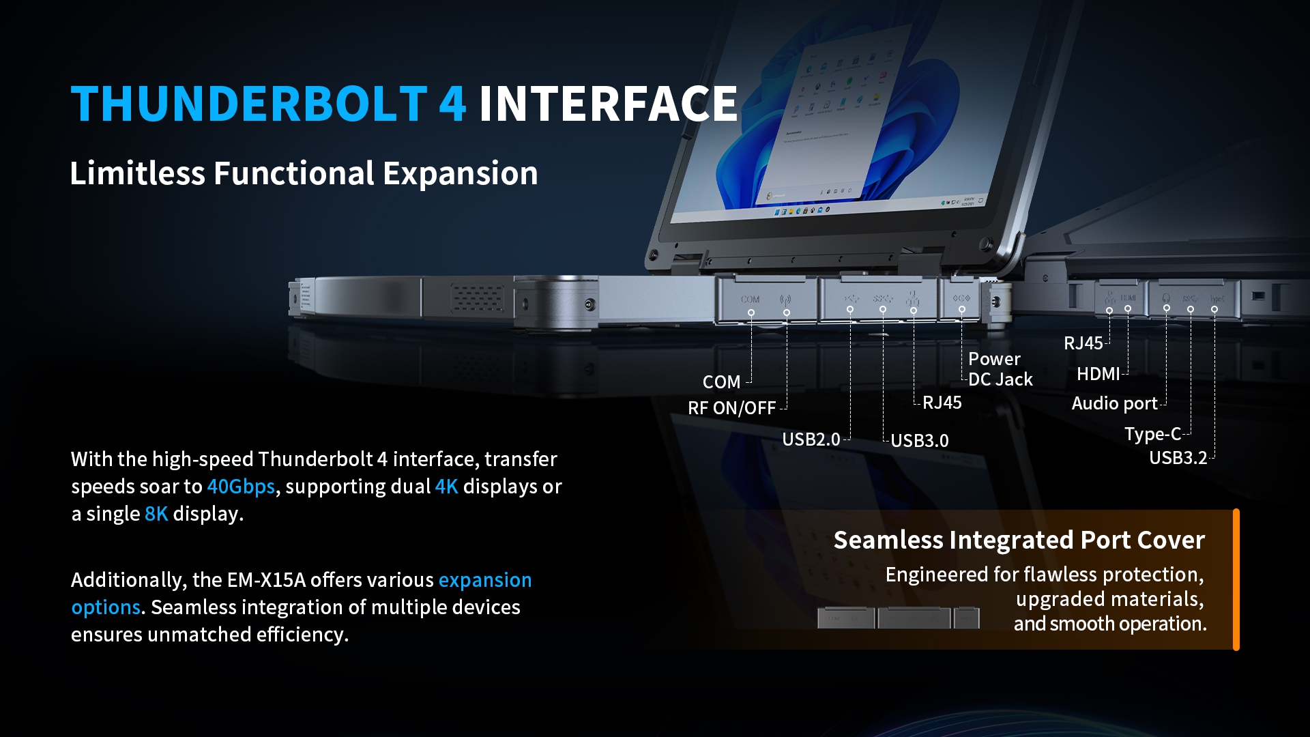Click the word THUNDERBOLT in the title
pos(249,104)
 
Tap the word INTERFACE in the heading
pos(608,104)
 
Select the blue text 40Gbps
pos(240,487)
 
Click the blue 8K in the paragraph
pos(156,514)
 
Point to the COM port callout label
pos(721,382)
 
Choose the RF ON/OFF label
pos(731,408)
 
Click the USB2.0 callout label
pos(811,439)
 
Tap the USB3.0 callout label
pos(920,441)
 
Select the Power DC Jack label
pos(1000,369)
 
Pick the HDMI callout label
pos(1098,374)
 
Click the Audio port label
pos(1114,403)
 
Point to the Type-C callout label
pos(1152,434)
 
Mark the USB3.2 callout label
pos(1178,458)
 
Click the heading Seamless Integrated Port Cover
pos(1019,540)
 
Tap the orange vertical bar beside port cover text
pos(1236,579)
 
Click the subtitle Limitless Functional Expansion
pos(304,173)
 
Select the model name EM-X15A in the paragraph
pos(267,580)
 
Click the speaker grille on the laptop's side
pos(477,298)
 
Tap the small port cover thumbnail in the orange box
pos(898,618)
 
